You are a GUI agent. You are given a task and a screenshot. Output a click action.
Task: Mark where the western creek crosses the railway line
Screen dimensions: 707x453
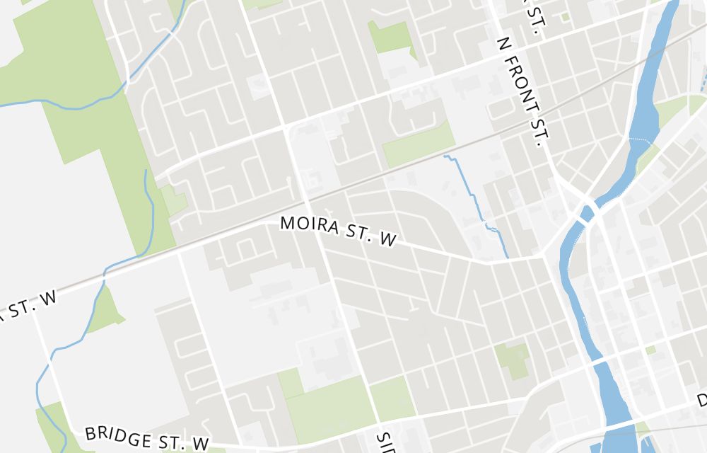click(x=105, y=272)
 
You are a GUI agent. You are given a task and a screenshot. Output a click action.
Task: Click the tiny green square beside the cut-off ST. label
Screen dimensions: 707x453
click(x=565, y=16)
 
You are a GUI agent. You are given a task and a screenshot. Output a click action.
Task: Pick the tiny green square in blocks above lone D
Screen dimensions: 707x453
click(x=650, y=350)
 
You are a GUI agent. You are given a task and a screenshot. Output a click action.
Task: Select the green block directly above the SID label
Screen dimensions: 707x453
click(x=392, y=396)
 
